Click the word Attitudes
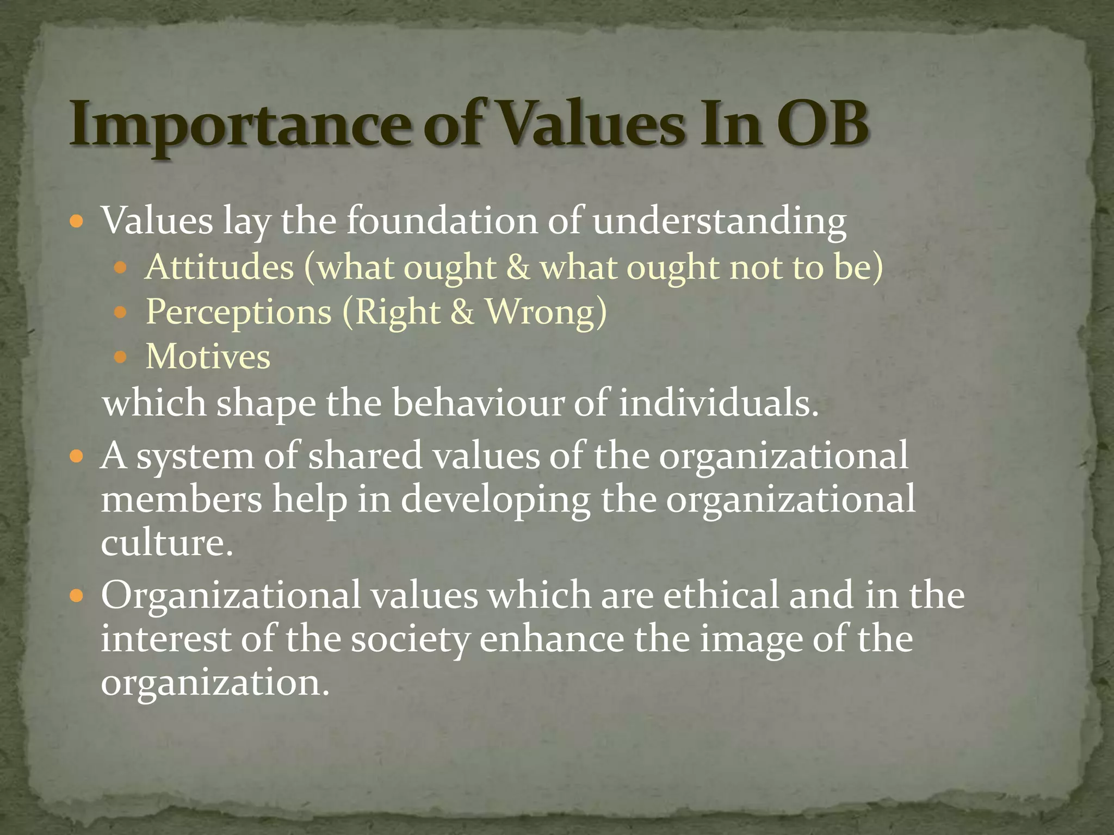tap(220, 267)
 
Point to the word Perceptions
tap(239, 312)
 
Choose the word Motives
tap(208, 357)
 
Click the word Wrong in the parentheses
tap(539, 312)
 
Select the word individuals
tap(717, 403)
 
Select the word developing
tap(495, 500)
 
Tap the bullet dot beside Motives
tap(120, 357)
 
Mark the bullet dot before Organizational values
tap(77, 596)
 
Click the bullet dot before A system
tap(77, 456)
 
